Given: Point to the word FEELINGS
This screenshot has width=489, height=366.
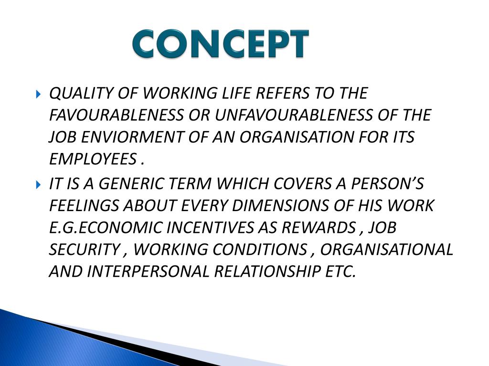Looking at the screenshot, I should pos(85,206).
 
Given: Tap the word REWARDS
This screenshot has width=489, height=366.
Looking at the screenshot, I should pos(319,228).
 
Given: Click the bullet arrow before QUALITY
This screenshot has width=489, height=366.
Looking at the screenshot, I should pos(39,94).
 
